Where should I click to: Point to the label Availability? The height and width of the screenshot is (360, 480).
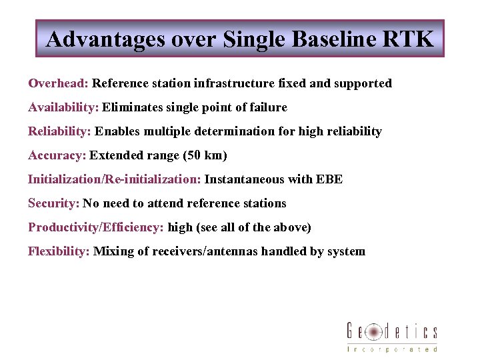point(63,107)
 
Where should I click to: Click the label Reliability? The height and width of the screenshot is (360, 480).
point(59,131)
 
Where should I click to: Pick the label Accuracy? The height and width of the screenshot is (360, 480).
point(57,155)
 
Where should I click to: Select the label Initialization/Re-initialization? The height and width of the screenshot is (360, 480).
point(114,179)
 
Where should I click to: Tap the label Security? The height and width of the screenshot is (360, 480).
point(54,203)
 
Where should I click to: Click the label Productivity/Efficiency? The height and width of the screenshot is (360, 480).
point(95,227)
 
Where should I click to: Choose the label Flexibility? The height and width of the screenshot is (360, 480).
point(59,251)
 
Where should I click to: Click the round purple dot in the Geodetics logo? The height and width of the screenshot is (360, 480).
point(375,331)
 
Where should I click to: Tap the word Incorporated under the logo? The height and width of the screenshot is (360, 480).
point(392,349)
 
